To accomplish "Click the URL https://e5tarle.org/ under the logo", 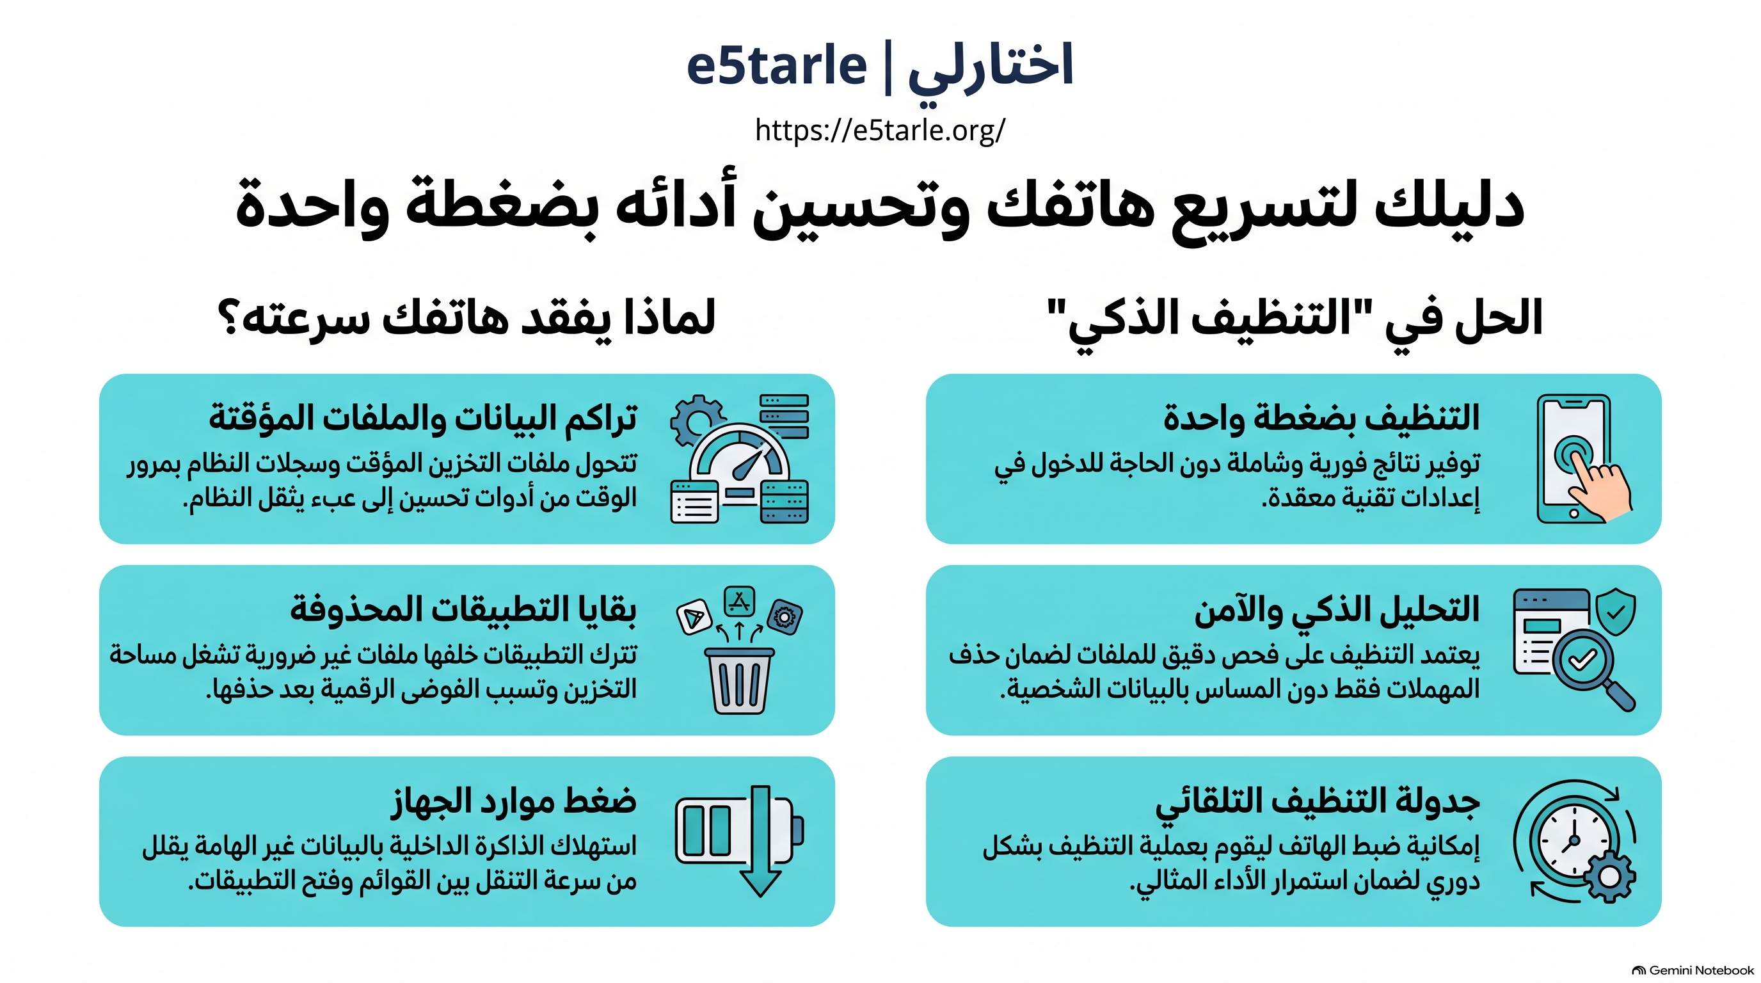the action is click(880, 130).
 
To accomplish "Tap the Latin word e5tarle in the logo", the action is click(777, 66).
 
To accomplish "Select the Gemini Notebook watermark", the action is click(1693, 970).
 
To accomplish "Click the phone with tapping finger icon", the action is click(1582, 459).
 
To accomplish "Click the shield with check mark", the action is click(1615, 611).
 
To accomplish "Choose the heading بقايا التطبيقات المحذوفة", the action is click(463, 609).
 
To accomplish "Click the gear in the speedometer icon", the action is click(697, 420).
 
